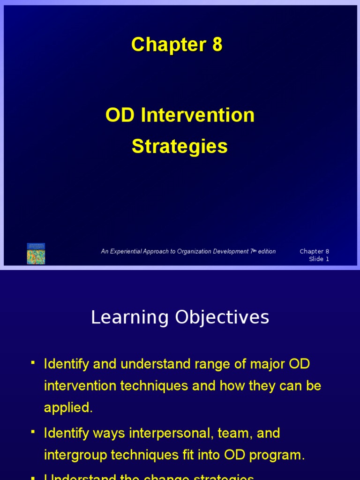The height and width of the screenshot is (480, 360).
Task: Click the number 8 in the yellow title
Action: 217,45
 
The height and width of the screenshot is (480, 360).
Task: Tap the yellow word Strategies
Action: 180,146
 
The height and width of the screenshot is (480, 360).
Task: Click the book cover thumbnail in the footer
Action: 36,254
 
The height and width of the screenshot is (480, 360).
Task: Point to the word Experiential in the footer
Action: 135,252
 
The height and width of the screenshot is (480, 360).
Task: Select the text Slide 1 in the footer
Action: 319,259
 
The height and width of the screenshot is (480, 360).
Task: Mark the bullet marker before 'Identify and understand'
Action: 33,363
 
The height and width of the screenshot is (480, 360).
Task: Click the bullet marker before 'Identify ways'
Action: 33,432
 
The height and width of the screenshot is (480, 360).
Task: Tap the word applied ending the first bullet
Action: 68,408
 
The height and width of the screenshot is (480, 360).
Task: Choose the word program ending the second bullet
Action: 277,455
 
